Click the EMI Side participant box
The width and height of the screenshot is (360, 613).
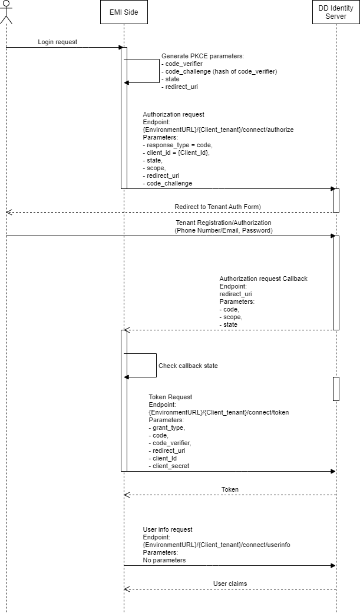pos(124,12)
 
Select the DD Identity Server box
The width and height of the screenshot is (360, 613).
pos(336,12)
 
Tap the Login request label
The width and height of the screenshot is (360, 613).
pos(58,42)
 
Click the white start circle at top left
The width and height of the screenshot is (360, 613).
pos(6,4)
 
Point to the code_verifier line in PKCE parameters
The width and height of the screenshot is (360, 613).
pos(184,64)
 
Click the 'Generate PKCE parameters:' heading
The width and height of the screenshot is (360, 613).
pos(202,56)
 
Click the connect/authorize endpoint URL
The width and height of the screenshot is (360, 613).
pos(219,130)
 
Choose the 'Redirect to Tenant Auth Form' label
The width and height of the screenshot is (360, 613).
pos(218,207)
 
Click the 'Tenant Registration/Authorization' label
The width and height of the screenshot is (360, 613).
pos(223,223)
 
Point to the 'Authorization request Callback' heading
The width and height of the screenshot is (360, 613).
pos(263,279)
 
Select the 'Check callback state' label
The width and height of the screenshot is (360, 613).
pos(188,366)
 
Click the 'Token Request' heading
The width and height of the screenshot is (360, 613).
pos(170,397)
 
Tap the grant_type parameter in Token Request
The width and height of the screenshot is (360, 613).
pos(168,428)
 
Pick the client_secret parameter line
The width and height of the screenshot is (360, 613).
pos(171,466)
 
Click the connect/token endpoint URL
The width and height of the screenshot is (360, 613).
pos(219,412)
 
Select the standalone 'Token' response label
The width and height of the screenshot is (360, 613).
pos(230,490)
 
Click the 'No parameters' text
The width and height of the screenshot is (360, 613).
pos(164,561)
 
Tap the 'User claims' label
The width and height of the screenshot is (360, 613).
pos(230,584)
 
